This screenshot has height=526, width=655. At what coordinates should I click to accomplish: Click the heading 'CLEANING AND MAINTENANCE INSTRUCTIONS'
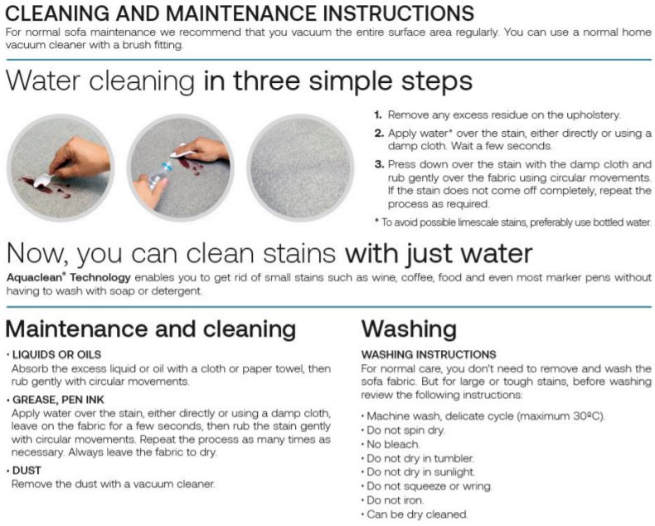click(x=240, y=13)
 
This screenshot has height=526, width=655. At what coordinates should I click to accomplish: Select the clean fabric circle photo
click(x=300, y=168)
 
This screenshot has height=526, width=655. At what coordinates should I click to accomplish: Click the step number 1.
click(x=378, y=115)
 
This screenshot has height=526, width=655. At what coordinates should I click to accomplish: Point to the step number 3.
click(x=379, y=164)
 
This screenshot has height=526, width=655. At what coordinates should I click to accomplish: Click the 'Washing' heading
click(x=409, y=329)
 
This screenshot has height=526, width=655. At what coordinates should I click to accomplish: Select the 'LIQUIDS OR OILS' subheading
click(x=57, y=354)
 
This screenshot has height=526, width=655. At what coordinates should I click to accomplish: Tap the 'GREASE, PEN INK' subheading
click(x=58, y=400)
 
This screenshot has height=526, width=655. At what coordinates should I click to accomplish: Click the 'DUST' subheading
click(x=27, y=470)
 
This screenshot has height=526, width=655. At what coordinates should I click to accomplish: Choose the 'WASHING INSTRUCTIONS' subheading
click(x=429, y=354)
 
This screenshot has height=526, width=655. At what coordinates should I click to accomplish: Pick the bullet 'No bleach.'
click(x=393, y=445)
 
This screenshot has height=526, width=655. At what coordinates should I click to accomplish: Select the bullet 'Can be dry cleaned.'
click(x=417, y=514)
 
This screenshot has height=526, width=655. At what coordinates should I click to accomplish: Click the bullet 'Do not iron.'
click(x=395, y=500)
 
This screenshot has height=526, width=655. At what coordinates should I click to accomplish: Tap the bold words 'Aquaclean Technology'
click(x=69, y=278)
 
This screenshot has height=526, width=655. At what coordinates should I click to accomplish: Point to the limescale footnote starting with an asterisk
click(x=513, y=222)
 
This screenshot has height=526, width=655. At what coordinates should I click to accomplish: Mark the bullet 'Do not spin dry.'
click(x=405, y=431)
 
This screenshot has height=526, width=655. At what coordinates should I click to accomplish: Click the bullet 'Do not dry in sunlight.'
click(x=420, y=472)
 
